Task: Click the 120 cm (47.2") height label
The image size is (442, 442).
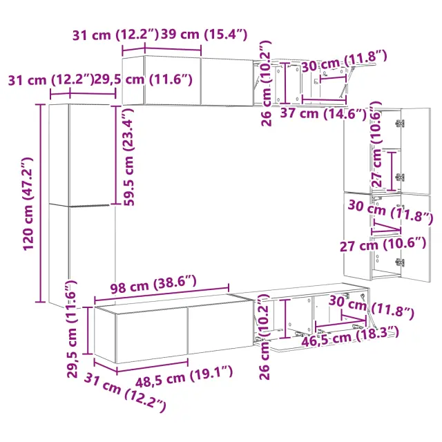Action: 28,204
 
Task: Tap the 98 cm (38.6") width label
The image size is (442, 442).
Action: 153,285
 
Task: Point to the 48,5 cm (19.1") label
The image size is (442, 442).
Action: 184,376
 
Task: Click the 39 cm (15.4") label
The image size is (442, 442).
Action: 204,35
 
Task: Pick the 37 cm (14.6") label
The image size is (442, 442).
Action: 323,113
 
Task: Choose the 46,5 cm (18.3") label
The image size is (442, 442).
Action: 350,336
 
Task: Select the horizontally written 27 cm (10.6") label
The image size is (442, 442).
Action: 383,244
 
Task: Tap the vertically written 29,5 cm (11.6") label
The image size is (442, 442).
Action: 72,329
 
